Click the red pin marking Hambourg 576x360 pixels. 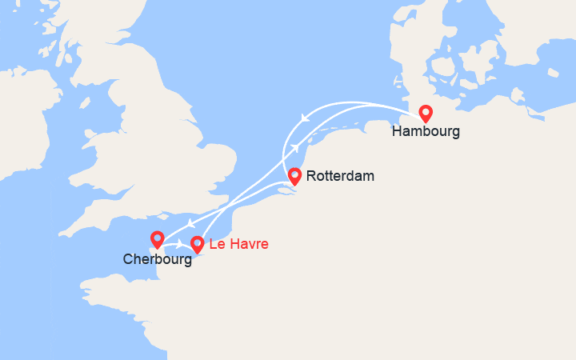[x=426, y=114]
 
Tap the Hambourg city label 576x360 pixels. [x=426, y=132]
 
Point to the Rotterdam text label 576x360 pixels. [x=340, y=175]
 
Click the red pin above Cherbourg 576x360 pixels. [x=158, y=239]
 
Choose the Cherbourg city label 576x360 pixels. [x=158, y=259]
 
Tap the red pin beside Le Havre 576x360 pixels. [x=197, y=244]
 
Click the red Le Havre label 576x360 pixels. [x=238, y=244]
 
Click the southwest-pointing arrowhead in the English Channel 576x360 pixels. [x=190, y=223]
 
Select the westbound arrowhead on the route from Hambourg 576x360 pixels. [x=304, y=119]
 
